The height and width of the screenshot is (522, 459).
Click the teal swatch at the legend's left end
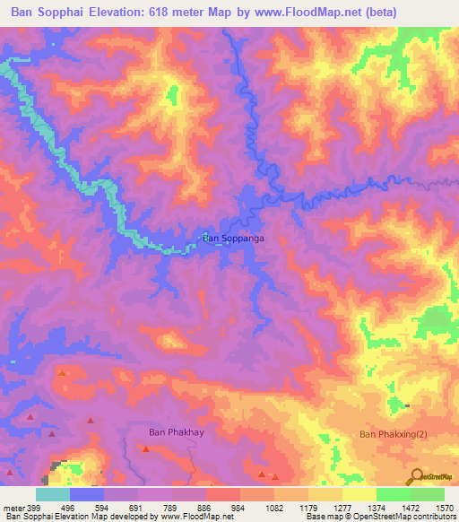[53, 494]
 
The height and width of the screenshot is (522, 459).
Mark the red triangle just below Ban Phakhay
[145, 448]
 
